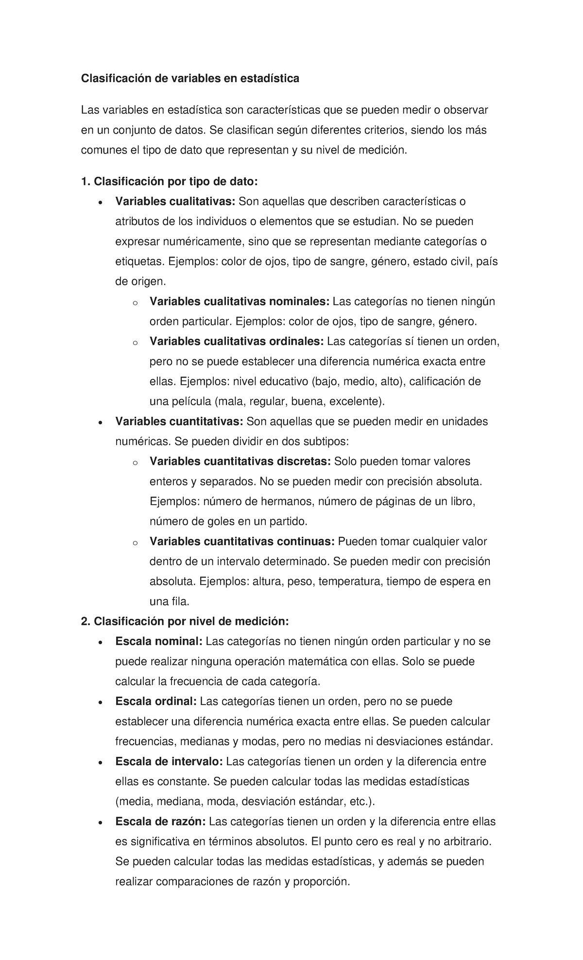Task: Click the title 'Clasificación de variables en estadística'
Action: coord(190,78)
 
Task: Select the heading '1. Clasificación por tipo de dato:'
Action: coord(169,182)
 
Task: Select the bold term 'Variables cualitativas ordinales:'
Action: coord(237,342)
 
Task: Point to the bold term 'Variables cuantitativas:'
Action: coord(179,422)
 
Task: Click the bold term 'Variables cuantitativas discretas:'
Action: coord(240,462)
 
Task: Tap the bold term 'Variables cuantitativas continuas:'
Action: coord(242,542)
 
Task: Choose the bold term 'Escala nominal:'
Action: coord(158,642)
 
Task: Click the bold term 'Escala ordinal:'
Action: coord(155,702)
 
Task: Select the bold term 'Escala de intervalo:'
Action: coord(169,762)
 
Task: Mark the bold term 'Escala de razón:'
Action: coord(160,822)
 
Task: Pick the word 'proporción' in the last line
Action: coord(322,882)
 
